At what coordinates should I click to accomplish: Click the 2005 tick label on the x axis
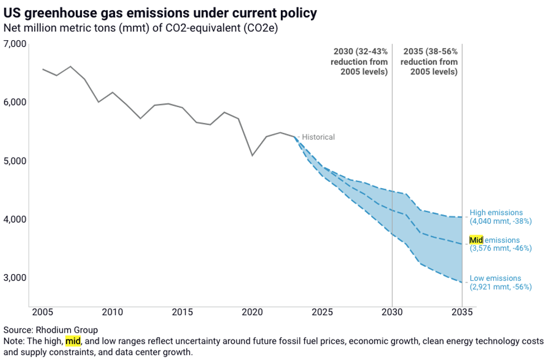42,311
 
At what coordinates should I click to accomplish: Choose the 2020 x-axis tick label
252,311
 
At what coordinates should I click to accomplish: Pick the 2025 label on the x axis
322,311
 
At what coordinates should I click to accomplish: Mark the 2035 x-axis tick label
462,311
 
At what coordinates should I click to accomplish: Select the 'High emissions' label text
496,213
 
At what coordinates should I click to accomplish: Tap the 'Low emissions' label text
495,279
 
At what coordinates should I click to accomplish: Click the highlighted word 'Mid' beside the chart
476,240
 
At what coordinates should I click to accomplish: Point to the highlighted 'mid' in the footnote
73,340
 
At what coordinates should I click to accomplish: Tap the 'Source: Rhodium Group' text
51,329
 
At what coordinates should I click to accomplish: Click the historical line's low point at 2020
252,155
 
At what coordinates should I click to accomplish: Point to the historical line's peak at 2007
70,66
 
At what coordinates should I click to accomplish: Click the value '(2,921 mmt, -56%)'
500,287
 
